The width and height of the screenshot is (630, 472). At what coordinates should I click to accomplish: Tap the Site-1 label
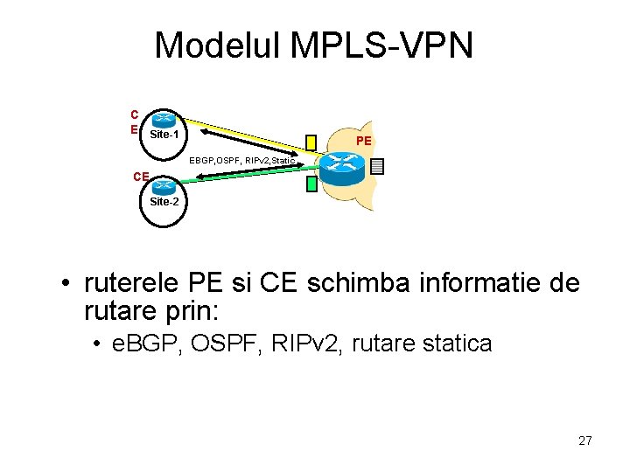coord(164,135)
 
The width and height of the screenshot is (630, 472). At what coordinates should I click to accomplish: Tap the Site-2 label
coord(164,201)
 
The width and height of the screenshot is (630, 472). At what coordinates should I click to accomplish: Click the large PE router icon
coord(342,163)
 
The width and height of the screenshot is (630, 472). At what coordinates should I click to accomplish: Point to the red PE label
coord(364,141)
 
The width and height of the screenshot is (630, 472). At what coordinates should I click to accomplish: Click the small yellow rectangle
coord(311,142)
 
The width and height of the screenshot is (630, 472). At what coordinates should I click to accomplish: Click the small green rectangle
coord(311,184)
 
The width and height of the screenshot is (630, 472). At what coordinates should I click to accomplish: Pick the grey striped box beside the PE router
coord(377,165)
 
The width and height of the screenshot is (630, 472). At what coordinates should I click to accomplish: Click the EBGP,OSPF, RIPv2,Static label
coord(243,160)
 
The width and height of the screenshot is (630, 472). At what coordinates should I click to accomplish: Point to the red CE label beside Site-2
coord(141,177)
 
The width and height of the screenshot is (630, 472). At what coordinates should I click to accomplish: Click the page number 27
coord(585,441)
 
